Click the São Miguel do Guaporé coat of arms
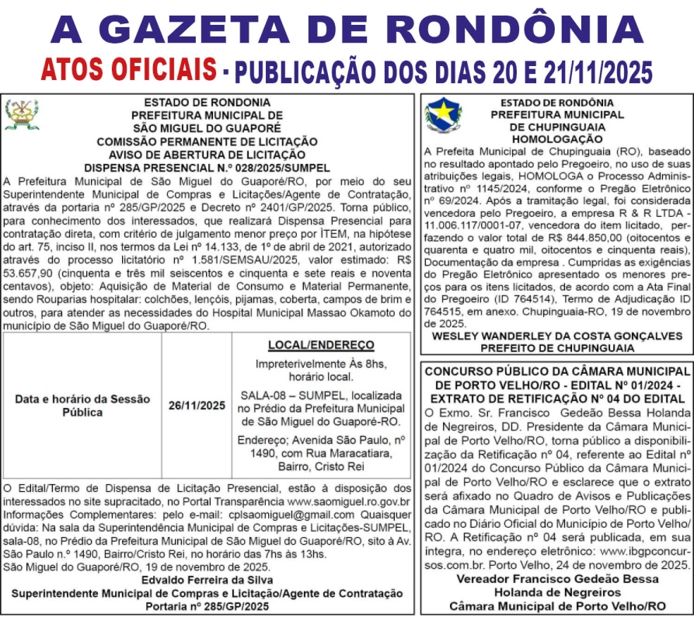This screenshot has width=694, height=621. click(21, 114)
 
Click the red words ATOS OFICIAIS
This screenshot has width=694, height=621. click(129, 70)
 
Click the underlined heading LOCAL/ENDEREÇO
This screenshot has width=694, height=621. click(321, 344)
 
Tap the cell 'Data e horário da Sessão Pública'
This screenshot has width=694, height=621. click(82, 405)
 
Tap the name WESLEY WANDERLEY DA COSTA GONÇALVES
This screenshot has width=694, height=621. click(556, 336)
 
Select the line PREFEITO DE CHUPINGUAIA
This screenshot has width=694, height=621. click(556, 347)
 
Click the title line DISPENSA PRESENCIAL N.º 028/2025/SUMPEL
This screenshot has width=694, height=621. click(207, 167)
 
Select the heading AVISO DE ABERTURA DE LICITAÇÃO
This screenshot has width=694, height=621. click(207, 155)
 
